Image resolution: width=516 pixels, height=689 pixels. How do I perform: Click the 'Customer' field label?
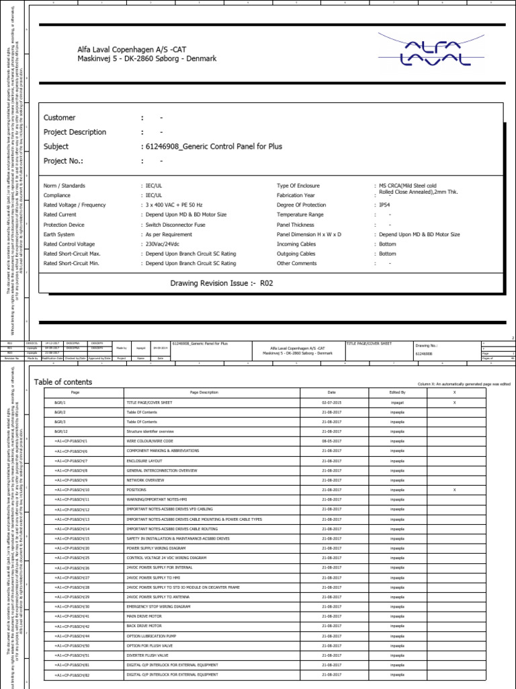(x=60, y=118)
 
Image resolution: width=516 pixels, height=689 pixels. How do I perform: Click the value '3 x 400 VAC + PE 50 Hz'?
(x=176, y=205)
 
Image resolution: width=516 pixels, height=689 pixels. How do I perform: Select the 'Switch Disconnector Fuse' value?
(x=177, y=225)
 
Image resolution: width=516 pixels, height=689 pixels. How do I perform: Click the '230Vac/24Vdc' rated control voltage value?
(x=165, y=244)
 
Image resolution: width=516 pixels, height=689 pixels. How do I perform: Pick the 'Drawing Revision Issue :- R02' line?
(x=222, y=283)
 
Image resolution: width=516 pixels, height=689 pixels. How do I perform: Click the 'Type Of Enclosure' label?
(x=298, y=185)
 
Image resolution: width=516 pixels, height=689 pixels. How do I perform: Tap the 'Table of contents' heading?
(x=63, y=382)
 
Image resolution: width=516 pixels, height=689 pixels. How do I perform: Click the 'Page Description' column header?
(x=204, y=392)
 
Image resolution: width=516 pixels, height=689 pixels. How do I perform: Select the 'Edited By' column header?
(x=398, y=392)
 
